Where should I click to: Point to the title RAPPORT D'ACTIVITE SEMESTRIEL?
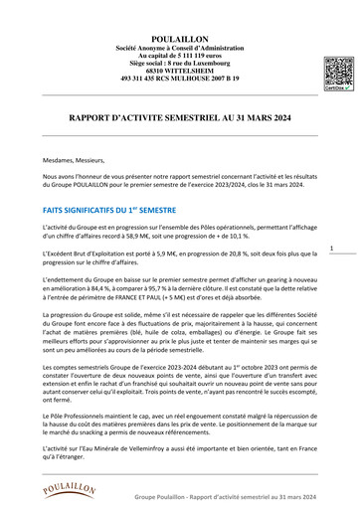pyautogui.click(x=180, y=117)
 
